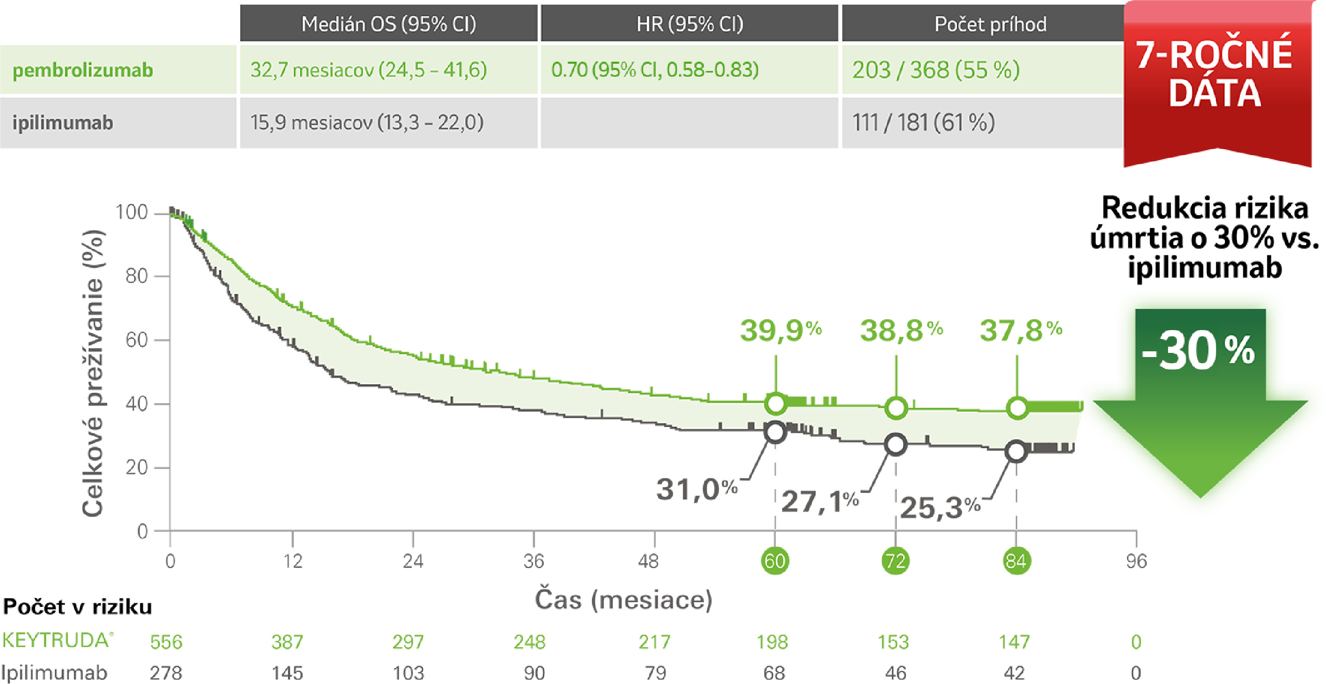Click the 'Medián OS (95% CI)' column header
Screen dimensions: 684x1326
pos(388,24)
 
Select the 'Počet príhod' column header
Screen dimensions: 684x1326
pos(990,24)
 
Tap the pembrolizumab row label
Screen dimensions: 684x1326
pos(83,70)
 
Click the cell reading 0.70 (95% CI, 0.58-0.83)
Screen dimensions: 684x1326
pos(655,69)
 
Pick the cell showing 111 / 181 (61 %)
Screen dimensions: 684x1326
pos(923,123)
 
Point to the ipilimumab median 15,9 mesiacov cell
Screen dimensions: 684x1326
pos(367,123)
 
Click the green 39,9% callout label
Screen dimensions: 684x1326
pos(780,330)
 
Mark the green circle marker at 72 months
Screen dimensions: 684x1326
pos(896,408)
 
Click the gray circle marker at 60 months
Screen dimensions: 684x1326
pos(775,432)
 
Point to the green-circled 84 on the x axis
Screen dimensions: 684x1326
pos(1016,561)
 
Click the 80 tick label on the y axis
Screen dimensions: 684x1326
pos(137,276)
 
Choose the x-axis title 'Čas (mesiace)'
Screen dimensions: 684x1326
pos(623,600)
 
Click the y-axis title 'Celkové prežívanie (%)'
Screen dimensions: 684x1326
pos(93,373)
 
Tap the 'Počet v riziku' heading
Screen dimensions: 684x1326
pos(78,607)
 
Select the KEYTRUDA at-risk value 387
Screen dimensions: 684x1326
pos(287,642)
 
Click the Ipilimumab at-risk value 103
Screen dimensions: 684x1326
pos(408,673)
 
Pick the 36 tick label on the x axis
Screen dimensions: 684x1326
pos(534,561)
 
